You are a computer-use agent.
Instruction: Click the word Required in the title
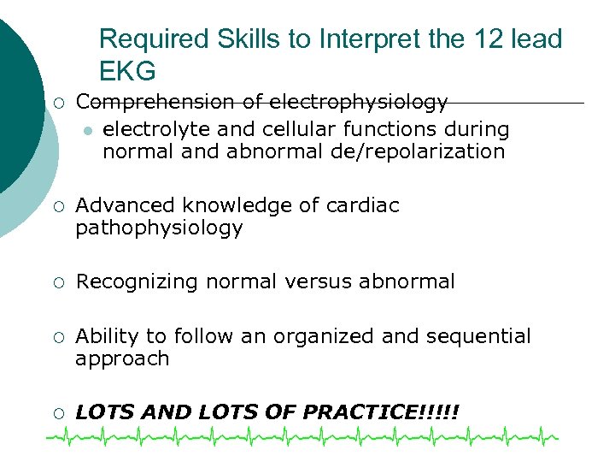click(142, 39)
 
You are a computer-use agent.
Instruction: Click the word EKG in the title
click(127, 70)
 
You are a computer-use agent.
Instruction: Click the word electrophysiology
click(358, 103)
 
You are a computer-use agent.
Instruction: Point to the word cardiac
click(364, 206)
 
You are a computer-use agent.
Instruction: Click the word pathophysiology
click(159, 229)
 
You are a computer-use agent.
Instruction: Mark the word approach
click(122, 359)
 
